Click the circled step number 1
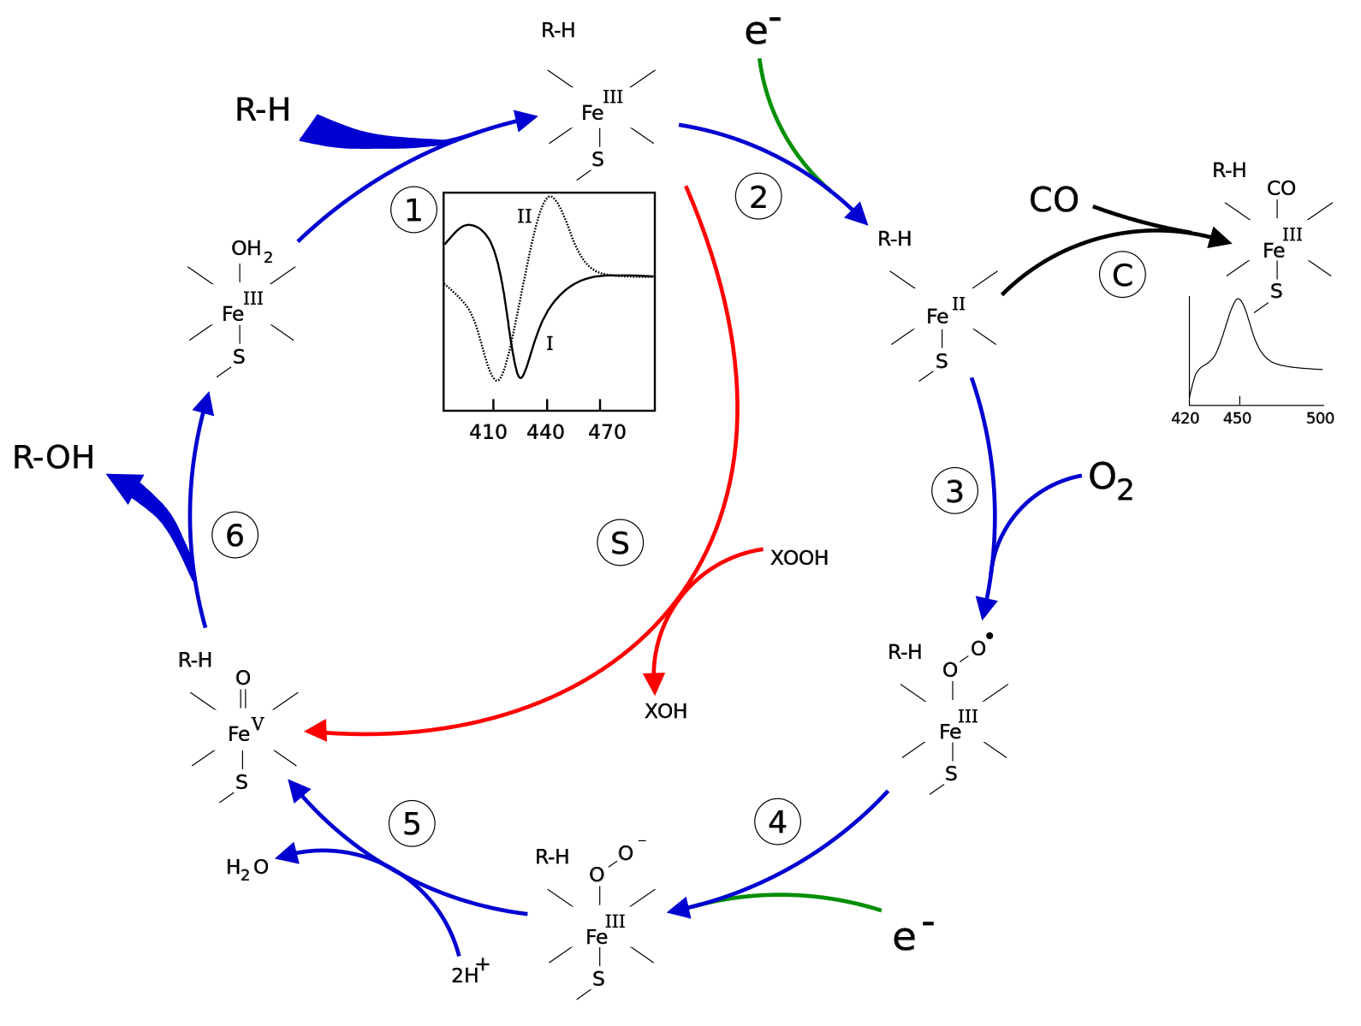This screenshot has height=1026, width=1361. pyautogui.click(x=413, y=210)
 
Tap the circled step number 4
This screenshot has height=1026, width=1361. pyautogui.click(x=777, y=821)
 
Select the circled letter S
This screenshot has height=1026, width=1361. pyautogui.click(x=620, y=543)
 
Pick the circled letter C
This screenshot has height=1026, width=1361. pyautogui.click(x=1122, y=275)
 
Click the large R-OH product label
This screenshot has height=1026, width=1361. pyautogui.click(x=53, y=457)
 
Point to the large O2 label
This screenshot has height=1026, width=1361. pyautogui.click(x=1110, y=480)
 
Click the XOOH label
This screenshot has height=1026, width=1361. pyautogui.click(x=799, y=558)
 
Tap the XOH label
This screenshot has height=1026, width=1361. pyautogui.click(x=665, y=710)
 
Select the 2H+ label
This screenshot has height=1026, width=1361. pyautogui.click(x=470, y=972)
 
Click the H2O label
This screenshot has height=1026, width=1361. pyautogui.click(x=247, y=869)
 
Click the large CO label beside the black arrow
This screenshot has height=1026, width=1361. pyautogui.click(x=1054, y=199)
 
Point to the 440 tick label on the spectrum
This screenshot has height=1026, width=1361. pyautogui.click(x=545, y=432)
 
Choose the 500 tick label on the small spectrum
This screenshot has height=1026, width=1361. pyautogui.click(x=1319, y=418)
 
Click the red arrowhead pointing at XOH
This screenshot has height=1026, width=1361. pyautogui.click(x=654, y=684)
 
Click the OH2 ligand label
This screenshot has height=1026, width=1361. pyautogui.click(x=252, y=250)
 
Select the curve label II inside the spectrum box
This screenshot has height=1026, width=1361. pyautogui.click(x=525, y=216)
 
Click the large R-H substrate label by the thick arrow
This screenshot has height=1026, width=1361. pyautogui.click(x=262, y=110)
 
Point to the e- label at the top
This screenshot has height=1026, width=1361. pyautogui.click(x=762, y=30)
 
